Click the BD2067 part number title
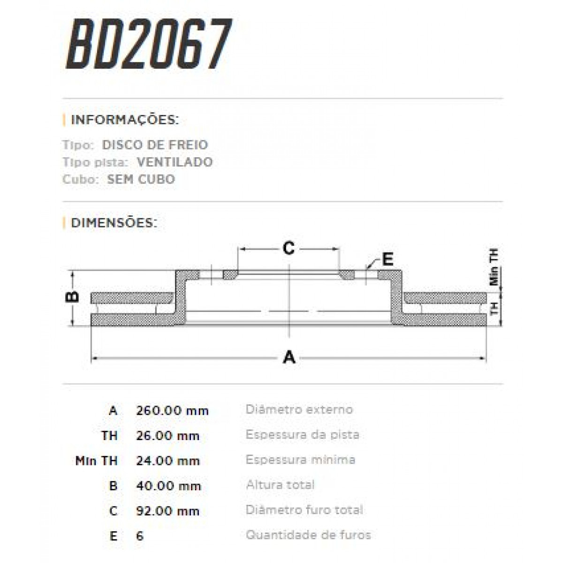click(x=149, y=45)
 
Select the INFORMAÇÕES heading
click(x=124, y=120)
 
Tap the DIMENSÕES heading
click(x=114, y=222)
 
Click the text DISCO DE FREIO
click(x=155, y=145)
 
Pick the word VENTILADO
click(x=175, y=162)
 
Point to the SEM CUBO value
click(x=141, y=179)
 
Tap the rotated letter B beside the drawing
click(x=72, y=297)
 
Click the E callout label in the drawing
click(x=387, y=259)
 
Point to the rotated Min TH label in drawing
click(x=494, y=267)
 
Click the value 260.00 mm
click(x=172, y=411)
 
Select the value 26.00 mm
click(x=167, y=436)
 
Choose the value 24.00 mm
click(x=167, y=461)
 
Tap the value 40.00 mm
click(x=168, y=486)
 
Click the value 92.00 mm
click(x=167, y=510)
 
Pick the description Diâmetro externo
click(x=299, y=410)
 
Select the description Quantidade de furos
click(x=308, y=535)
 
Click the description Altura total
click(x=280, y=485)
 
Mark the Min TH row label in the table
click(x=96, y=461)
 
